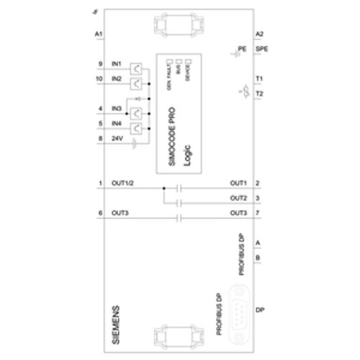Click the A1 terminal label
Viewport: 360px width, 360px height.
coord(99,34)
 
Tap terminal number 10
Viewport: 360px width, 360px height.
coord(99,79)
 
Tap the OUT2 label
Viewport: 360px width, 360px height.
coord(238,198)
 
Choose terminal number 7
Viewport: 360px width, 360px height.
coord(257,212)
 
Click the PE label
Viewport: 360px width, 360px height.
coord(242,48)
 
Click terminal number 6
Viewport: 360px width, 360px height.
coord(99,212)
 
